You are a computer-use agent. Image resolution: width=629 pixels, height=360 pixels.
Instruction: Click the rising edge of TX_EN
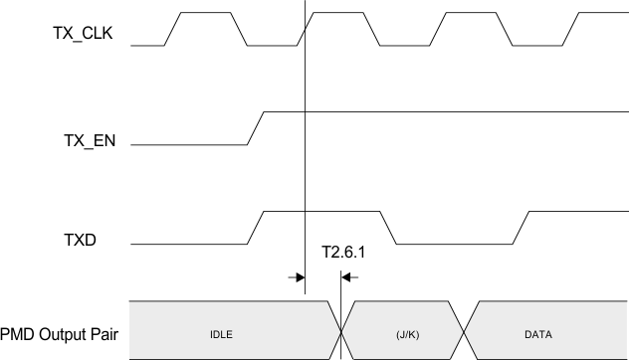pos(257,128)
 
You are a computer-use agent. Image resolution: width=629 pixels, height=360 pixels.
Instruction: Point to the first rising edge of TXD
pos(256,228)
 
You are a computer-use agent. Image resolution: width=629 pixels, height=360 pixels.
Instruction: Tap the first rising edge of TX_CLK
pos(171,29)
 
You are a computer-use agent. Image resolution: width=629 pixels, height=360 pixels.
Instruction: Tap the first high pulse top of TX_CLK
pos(205,13)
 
